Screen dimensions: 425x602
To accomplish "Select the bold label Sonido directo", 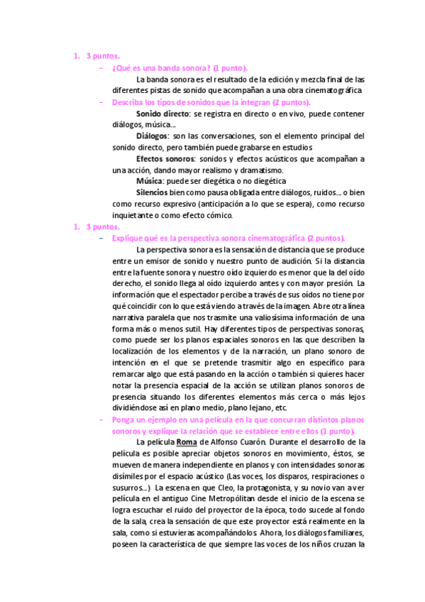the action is click(x=162, y=114).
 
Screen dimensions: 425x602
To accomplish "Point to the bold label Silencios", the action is click(x=152, y=192).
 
